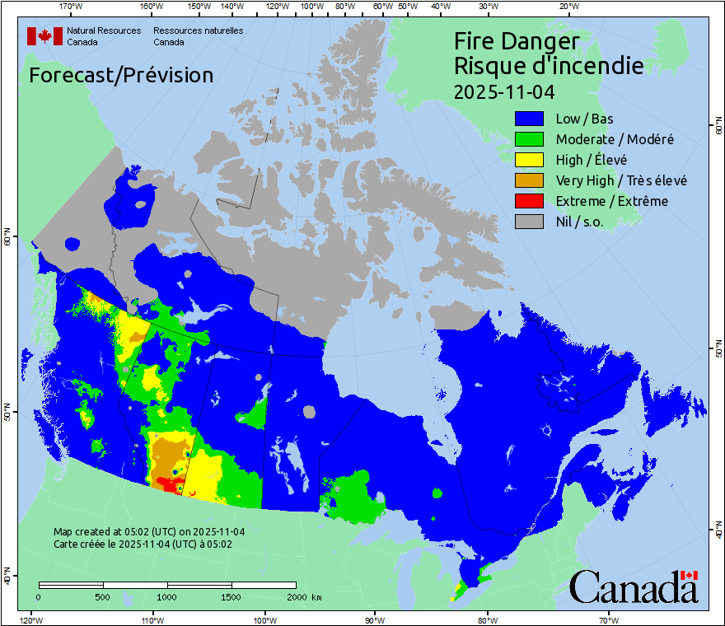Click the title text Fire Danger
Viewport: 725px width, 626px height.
pos(517,42)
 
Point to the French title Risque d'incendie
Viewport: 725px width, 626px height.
pos(549,66)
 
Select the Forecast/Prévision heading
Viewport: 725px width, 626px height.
pos(121,75)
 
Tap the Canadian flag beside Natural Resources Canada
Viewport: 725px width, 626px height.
pos(44,36)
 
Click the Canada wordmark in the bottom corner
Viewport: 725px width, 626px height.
pos(634,586)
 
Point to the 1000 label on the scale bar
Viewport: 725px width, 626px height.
pos(167,596)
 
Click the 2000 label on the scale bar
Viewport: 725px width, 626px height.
pos(296,596)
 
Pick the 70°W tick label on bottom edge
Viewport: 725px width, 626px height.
pos(609,619)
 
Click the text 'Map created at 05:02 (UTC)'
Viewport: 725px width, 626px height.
pos(149,532)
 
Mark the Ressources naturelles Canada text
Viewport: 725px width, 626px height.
pos(198,36)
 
